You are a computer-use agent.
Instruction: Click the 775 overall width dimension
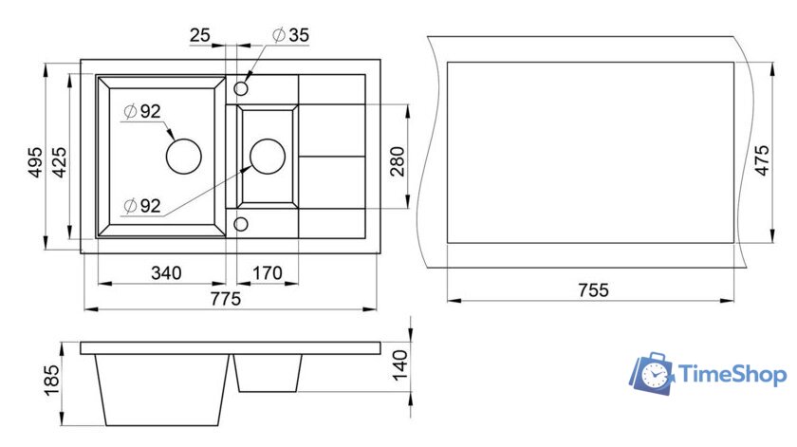tap(225, 299)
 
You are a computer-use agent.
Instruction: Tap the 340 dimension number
tap(166, 273)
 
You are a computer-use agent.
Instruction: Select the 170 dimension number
tap(268, 273)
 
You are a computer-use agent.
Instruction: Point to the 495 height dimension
tap(35, 162)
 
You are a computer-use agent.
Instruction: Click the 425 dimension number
tap(59, 162)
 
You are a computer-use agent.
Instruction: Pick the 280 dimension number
tap(398, 161)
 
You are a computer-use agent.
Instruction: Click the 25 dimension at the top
tap(200, 35)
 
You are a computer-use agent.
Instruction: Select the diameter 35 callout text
tap(290, 35)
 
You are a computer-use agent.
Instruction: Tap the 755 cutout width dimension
tap(593, 289)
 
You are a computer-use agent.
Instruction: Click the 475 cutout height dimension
tap(762, 160)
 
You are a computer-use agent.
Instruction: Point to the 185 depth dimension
tap(51, 381)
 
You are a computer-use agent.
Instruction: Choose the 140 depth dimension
tap(400, 364)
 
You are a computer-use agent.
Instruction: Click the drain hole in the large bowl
tap(184, 157)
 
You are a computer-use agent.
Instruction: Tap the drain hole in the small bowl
tap(268, 157)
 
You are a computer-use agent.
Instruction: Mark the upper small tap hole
tap(241, 88)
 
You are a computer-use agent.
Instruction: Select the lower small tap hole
tap(241, 224)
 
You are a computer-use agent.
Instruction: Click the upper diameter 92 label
tap(143, 111)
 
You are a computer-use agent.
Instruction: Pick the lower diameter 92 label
tap(143, 206)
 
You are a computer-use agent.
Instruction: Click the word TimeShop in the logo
tap(732, 374)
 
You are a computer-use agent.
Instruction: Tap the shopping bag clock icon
tap(652, 374)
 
